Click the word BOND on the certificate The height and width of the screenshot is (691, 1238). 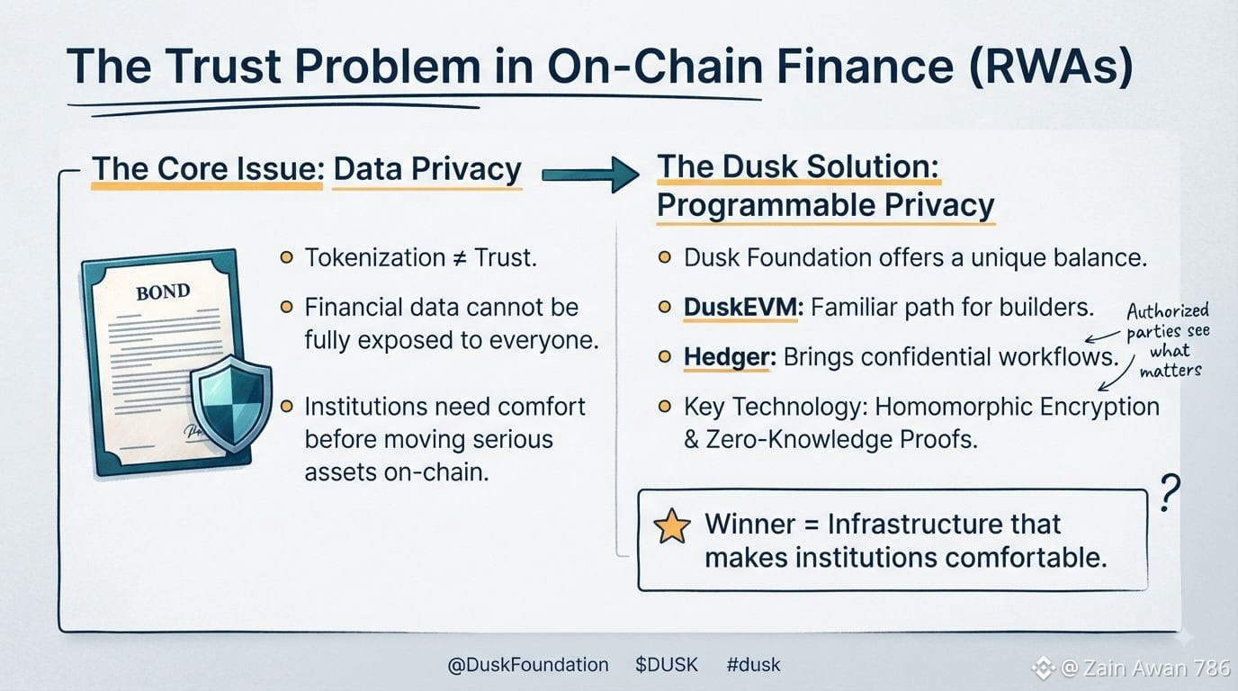pos(163,292)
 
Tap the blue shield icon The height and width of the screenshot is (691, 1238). pos(231,402)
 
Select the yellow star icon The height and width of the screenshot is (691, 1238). pos(671,525)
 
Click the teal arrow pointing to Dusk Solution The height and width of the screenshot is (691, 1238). pos(590,175)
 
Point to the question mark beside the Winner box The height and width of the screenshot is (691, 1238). pos(1170,492)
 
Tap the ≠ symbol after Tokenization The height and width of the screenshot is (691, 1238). pos(459,258)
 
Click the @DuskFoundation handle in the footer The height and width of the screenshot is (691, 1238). pos(528,665)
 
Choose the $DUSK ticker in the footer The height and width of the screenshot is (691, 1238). pos(667,665)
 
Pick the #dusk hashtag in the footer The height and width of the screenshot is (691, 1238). pos(753,665)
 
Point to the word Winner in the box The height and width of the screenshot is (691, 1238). pos(750,524)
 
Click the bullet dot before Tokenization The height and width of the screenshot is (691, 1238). pos(286,257)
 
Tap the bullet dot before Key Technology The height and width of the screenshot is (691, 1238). pos(665,407)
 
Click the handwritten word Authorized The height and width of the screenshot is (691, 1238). pos(1168,311)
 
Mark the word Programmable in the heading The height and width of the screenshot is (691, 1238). pos(765,206)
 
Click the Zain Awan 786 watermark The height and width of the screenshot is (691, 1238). pos(1146,669)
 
